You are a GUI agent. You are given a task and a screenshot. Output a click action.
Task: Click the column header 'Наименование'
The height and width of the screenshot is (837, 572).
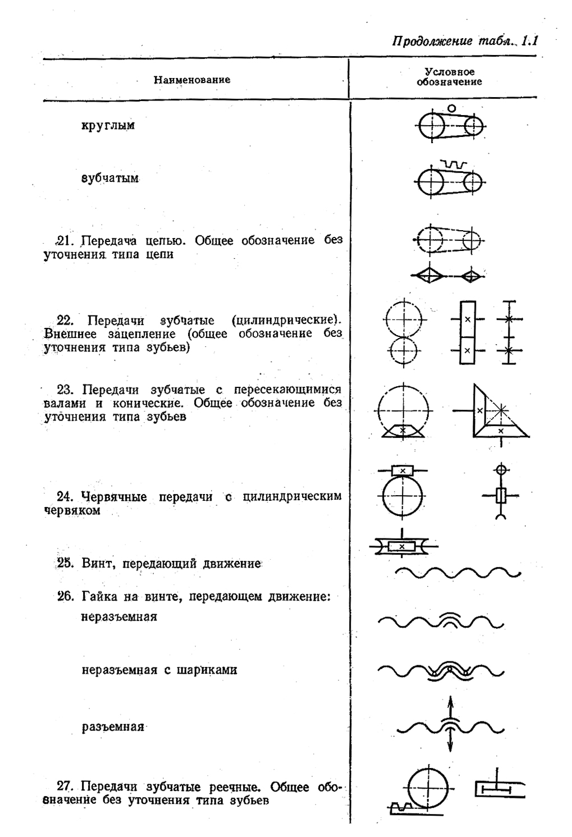click(x=192, y=80)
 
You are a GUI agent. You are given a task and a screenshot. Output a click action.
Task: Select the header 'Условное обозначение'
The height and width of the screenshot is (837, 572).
click(x=449, y=77)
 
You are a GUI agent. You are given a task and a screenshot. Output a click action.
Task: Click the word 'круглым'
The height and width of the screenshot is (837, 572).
click(x=108, y=125)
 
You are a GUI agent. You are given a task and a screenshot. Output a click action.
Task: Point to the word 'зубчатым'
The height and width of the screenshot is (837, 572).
click(x=110, y=179)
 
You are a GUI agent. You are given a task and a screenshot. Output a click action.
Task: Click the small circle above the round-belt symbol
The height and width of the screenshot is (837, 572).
click(x=452, y=108)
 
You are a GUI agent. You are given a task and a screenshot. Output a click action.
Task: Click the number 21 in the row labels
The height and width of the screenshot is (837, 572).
click(x=66, y=241)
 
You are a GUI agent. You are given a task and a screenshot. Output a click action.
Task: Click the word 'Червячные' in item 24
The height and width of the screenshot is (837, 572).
click(x=115, y=497)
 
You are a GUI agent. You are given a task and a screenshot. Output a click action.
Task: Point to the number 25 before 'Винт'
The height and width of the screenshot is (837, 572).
click(x=66, y=563)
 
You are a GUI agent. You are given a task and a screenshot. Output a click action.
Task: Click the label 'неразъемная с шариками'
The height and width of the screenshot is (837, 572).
click(x=159, y=670)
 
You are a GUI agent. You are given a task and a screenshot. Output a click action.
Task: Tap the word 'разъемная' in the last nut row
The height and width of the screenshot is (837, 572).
click(x=113, y=727)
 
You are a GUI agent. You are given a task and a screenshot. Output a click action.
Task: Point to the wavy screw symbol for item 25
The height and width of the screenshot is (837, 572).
click(x=457, y=573)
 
